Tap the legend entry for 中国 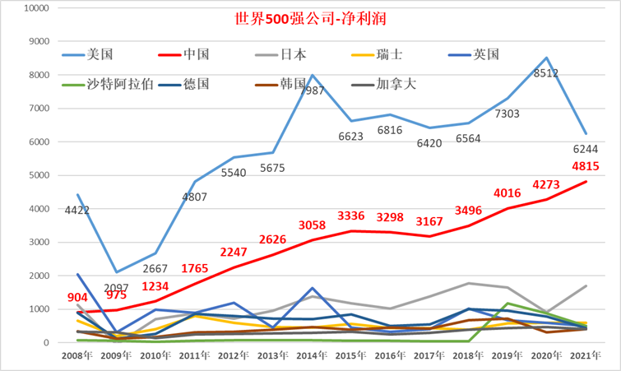point(197,54)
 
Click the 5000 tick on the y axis point(37,175)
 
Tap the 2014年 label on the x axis point(313,355)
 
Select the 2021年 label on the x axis point(585,355)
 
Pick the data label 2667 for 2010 point(155,267)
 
